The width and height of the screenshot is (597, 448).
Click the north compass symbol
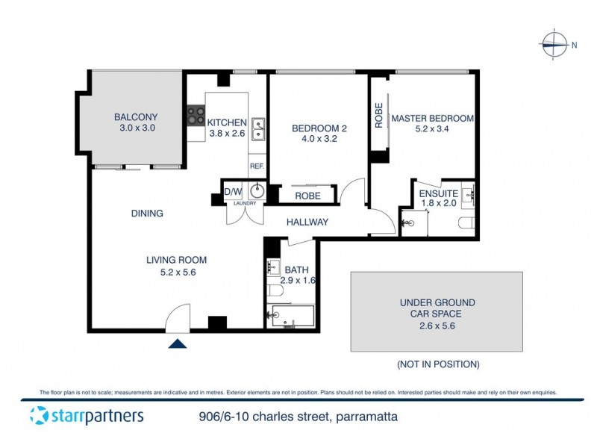coord(554,45)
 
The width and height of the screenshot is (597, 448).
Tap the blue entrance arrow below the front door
coord(177,343)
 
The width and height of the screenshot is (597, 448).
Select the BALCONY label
coord(136,117)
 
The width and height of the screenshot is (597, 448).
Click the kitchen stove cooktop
coord(196,116)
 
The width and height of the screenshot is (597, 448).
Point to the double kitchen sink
coord(257,128)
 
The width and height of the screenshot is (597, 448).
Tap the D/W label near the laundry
coord(234,189)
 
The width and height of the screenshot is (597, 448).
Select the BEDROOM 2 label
coord(319,128)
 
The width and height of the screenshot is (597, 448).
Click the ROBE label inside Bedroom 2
coord(307,196)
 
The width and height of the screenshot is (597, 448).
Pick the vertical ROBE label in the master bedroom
coord(379,115)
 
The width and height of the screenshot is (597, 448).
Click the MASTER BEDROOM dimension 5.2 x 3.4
coord(433,129)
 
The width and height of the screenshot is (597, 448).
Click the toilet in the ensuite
coord(466,222)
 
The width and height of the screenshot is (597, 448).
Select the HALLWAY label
coord(307,222)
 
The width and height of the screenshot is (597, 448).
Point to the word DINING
coord(147,214)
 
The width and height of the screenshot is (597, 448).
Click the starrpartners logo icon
coord(38,416)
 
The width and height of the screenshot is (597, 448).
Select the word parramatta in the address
coord(365,417)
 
